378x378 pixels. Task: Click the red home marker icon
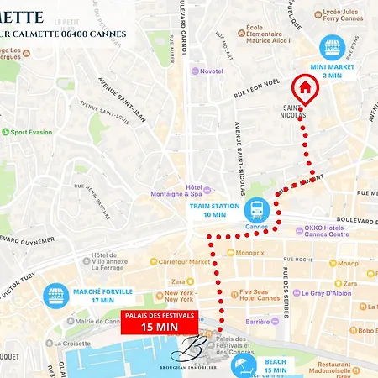(x=304, y=87)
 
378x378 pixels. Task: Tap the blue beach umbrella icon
(x=245, y=368)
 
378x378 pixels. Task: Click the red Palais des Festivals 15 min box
(x=159, y=322)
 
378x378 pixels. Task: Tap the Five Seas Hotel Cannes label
(x=258, y=294)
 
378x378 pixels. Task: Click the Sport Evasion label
(x=29, y=132)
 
